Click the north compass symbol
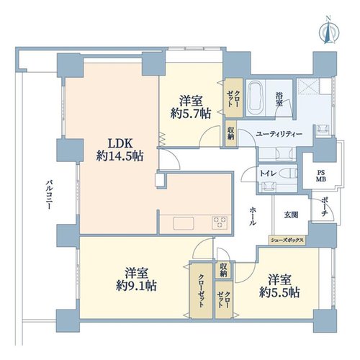pyautogui.click(x=328, y=31)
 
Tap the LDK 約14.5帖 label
pyautogui.click(x=120, y=150)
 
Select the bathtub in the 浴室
pyautogui.click(x=256, y=99)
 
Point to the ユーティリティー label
pyautogui.click(x=279, y=134)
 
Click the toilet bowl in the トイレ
pyautogui.click(x=290, y=173)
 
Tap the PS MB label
pyautogui.click(x=320, y=176)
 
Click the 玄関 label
pyautogui.click(x=292, y=215)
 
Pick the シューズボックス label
pyautogui.click(x=287, y=240)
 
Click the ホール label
pyautogui.click(x=253, y=216)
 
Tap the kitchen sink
pyautogui.click(x=184, y=223)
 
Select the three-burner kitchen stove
pyautogui.click(x=220, y=222)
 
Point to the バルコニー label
pyautogui.click(x=49, y=194)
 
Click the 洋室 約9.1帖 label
pyautogui.click(x=136, y=279)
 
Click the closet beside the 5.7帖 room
pyautogui.click(x=234, y=98)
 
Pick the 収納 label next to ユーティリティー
pyautogui.click(x=230, y=133)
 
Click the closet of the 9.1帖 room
pyautogui.click(x=201, y=291)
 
